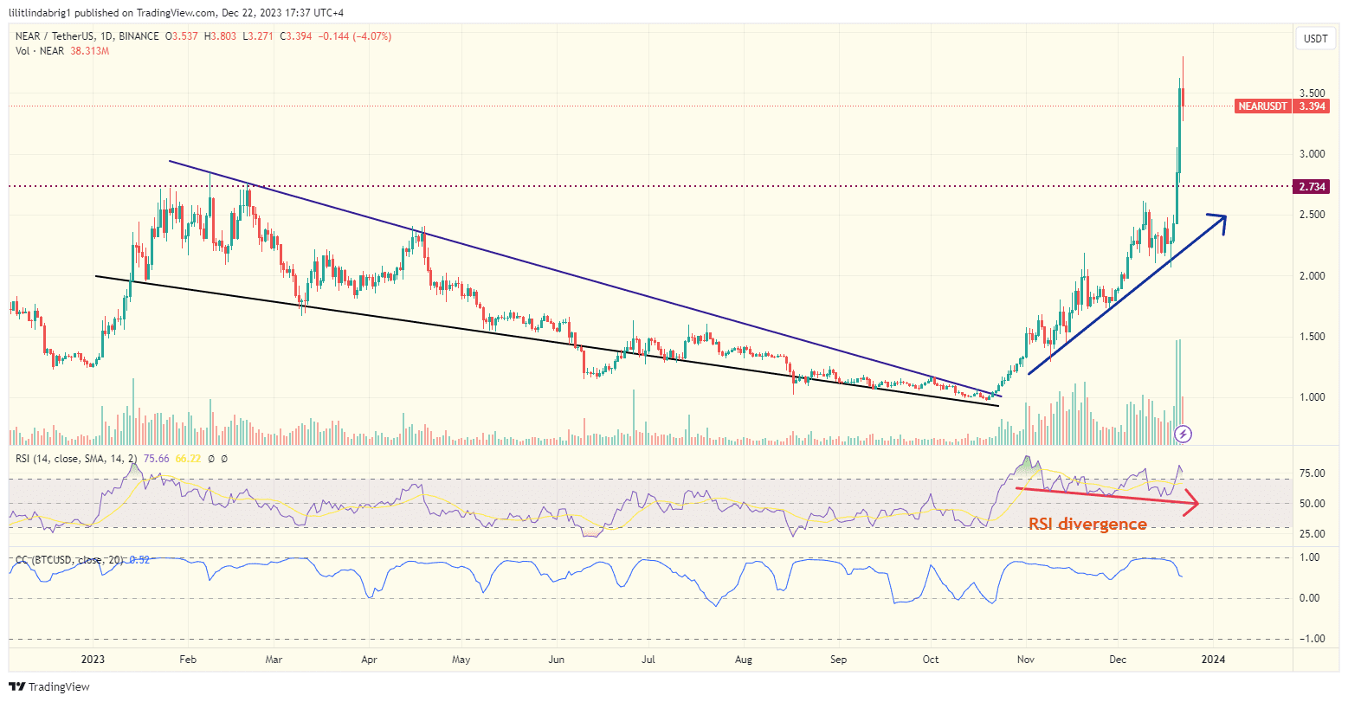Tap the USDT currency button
1315,39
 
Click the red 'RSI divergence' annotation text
1087,524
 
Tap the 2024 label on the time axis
1213,659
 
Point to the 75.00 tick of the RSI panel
1313,473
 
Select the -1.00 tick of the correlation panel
1313,639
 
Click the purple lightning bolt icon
1184,433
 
